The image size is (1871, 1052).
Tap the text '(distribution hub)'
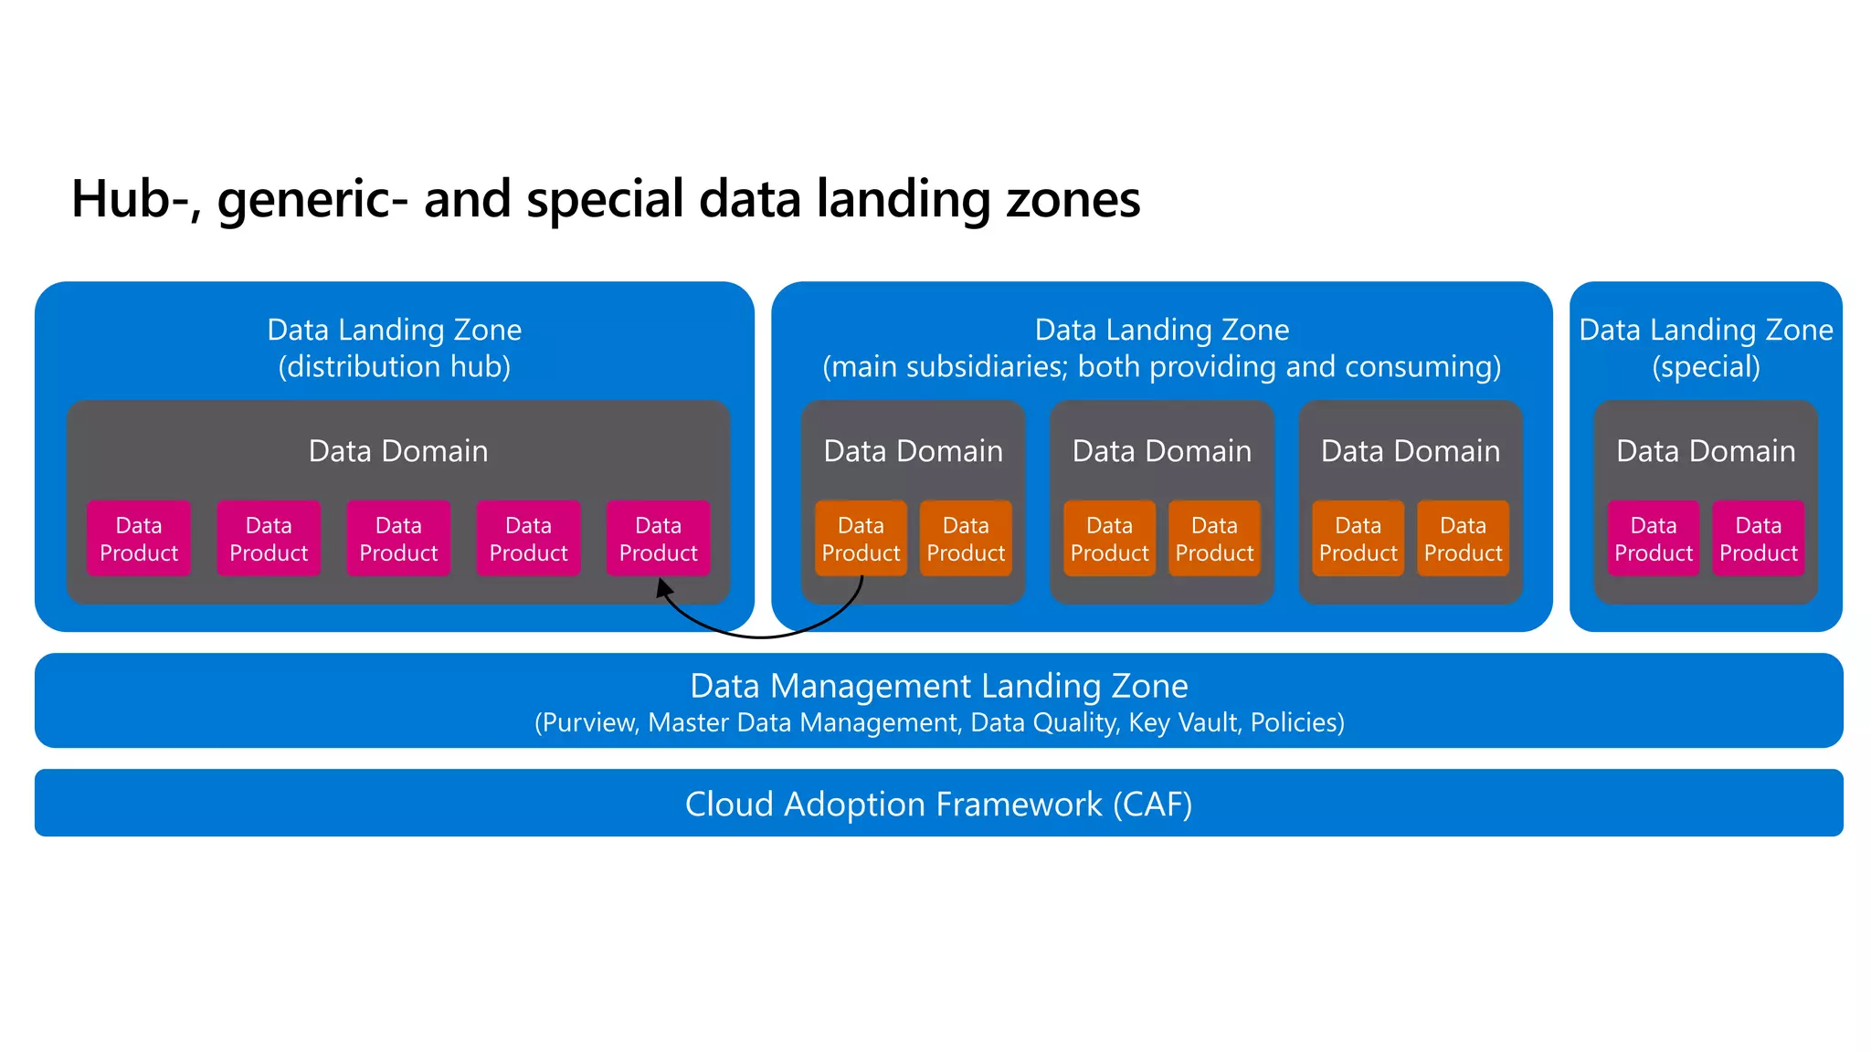394,366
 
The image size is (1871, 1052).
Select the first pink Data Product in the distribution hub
139,539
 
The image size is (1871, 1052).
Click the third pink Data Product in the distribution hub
398,539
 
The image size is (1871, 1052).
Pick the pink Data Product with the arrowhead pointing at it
658,539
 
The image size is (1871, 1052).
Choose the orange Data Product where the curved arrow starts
861,539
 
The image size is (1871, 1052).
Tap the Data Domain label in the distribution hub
398,451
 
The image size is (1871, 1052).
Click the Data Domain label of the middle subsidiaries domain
1161,451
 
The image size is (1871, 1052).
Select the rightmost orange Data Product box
1463,539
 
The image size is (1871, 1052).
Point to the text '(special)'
1706,366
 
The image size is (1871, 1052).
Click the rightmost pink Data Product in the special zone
1758,539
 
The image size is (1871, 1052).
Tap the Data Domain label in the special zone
1706,451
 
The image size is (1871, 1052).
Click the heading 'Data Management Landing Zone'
938,686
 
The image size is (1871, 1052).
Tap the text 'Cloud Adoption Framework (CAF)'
938,805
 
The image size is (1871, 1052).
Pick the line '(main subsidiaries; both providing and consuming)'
1161,366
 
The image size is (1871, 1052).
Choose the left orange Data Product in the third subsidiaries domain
1358,539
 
